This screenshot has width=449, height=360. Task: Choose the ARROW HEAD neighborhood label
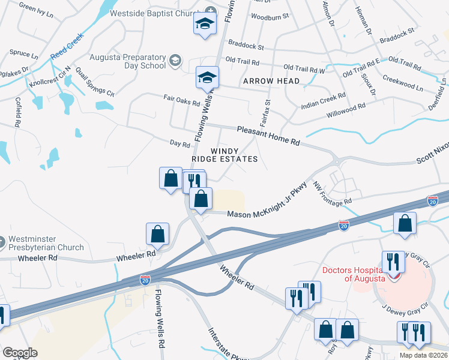(267, 81)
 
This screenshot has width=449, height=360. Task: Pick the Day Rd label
(179, 143)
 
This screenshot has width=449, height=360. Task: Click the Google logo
(20, 352)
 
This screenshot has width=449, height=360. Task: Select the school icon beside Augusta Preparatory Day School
(175, 60)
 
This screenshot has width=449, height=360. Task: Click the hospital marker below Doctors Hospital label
(394, 276)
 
